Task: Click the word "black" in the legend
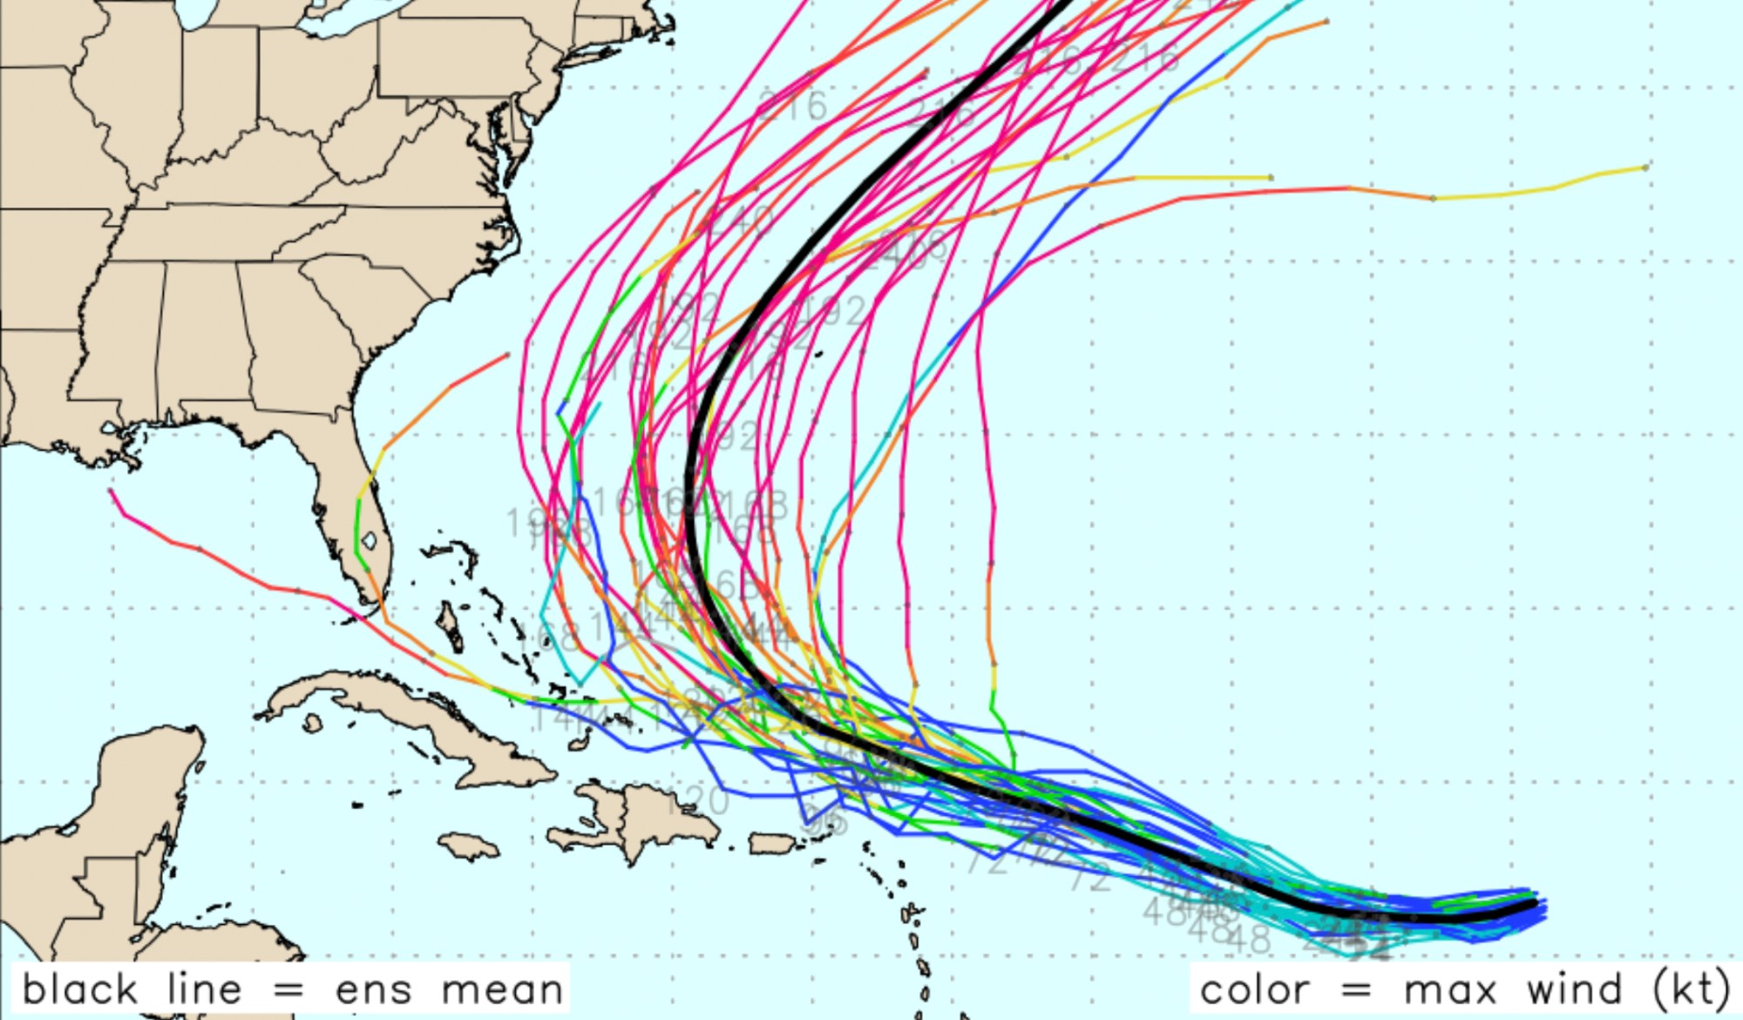click(x=79, y=989)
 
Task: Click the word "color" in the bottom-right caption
click(x=1254, y=990)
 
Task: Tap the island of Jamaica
click(x=469, y=845)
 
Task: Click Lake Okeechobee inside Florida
click(x=370, y=541)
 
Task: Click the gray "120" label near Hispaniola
click(x=698, y=799)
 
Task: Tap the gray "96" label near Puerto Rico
click(x=824, y=819)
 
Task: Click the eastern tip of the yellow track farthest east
click(x=1646, y=166)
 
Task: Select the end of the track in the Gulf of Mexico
click(x=111, y=491)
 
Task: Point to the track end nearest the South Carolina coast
click(x=508, y=354)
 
